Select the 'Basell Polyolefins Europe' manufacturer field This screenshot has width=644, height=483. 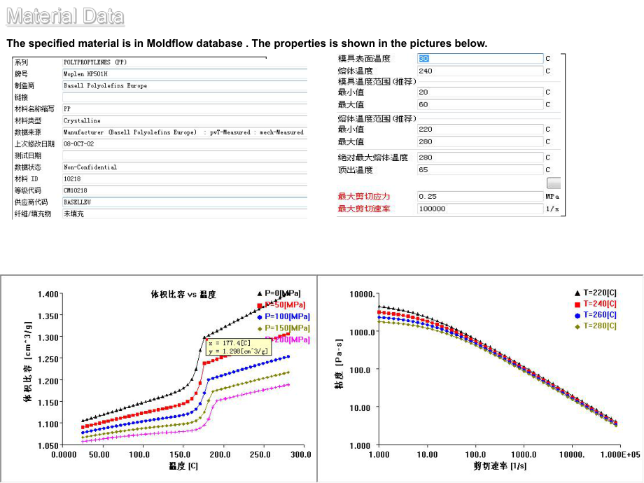coord(105,85)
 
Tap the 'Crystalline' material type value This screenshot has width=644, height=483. coord(82,120)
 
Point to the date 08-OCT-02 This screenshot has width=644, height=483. coord(78,143)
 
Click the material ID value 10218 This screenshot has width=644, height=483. coord(72,178)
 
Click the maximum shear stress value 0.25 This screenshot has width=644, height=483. coord(428,197)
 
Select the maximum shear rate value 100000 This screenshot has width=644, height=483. coord(432,209)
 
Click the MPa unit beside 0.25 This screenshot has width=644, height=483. coord(552,197)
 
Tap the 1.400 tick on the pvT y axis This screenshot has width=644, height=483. coord(48,294)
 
